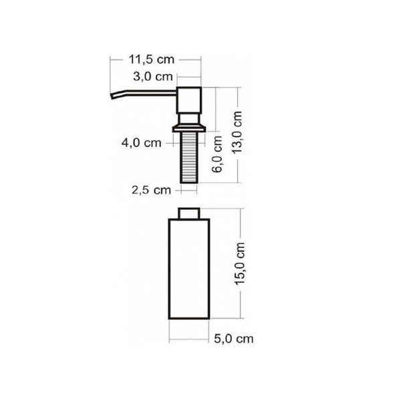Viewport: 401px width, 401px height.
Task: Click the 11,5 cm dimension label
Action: [152, 59]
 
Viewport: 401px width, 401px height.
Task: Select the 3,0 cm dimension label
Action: [153, 76]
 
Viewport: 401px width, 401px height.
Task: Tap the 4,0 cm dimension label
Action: [142, 143]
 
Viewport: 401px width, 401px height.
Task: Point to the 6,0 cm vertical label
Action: [217, 154]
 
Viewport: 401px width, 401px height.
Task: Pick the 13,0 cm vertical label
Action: [237, 132]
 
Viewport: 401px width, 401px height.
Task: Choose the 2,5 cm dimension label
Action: [151, 190]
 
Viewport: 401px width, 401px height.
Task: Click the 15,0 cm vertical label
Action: [240, 264]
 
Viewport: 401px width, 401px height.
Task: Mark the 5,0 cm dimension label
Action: [234, 339]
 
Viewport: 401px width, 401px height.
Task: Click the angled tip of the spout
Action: [112, 96]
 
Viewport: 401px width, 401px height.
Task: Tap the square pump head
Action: [189, 100]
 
